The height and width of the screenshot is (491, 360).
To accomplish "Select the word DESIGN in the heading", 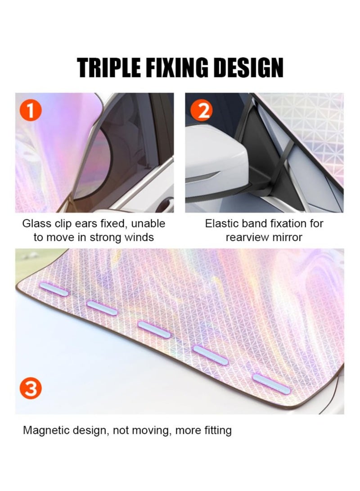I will point(250,68).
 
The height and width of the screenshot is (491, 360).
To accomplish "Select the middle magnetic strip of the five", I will point(154,329).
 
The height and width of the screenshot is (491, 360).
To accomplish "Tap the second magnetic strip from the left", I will point(102,308).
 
